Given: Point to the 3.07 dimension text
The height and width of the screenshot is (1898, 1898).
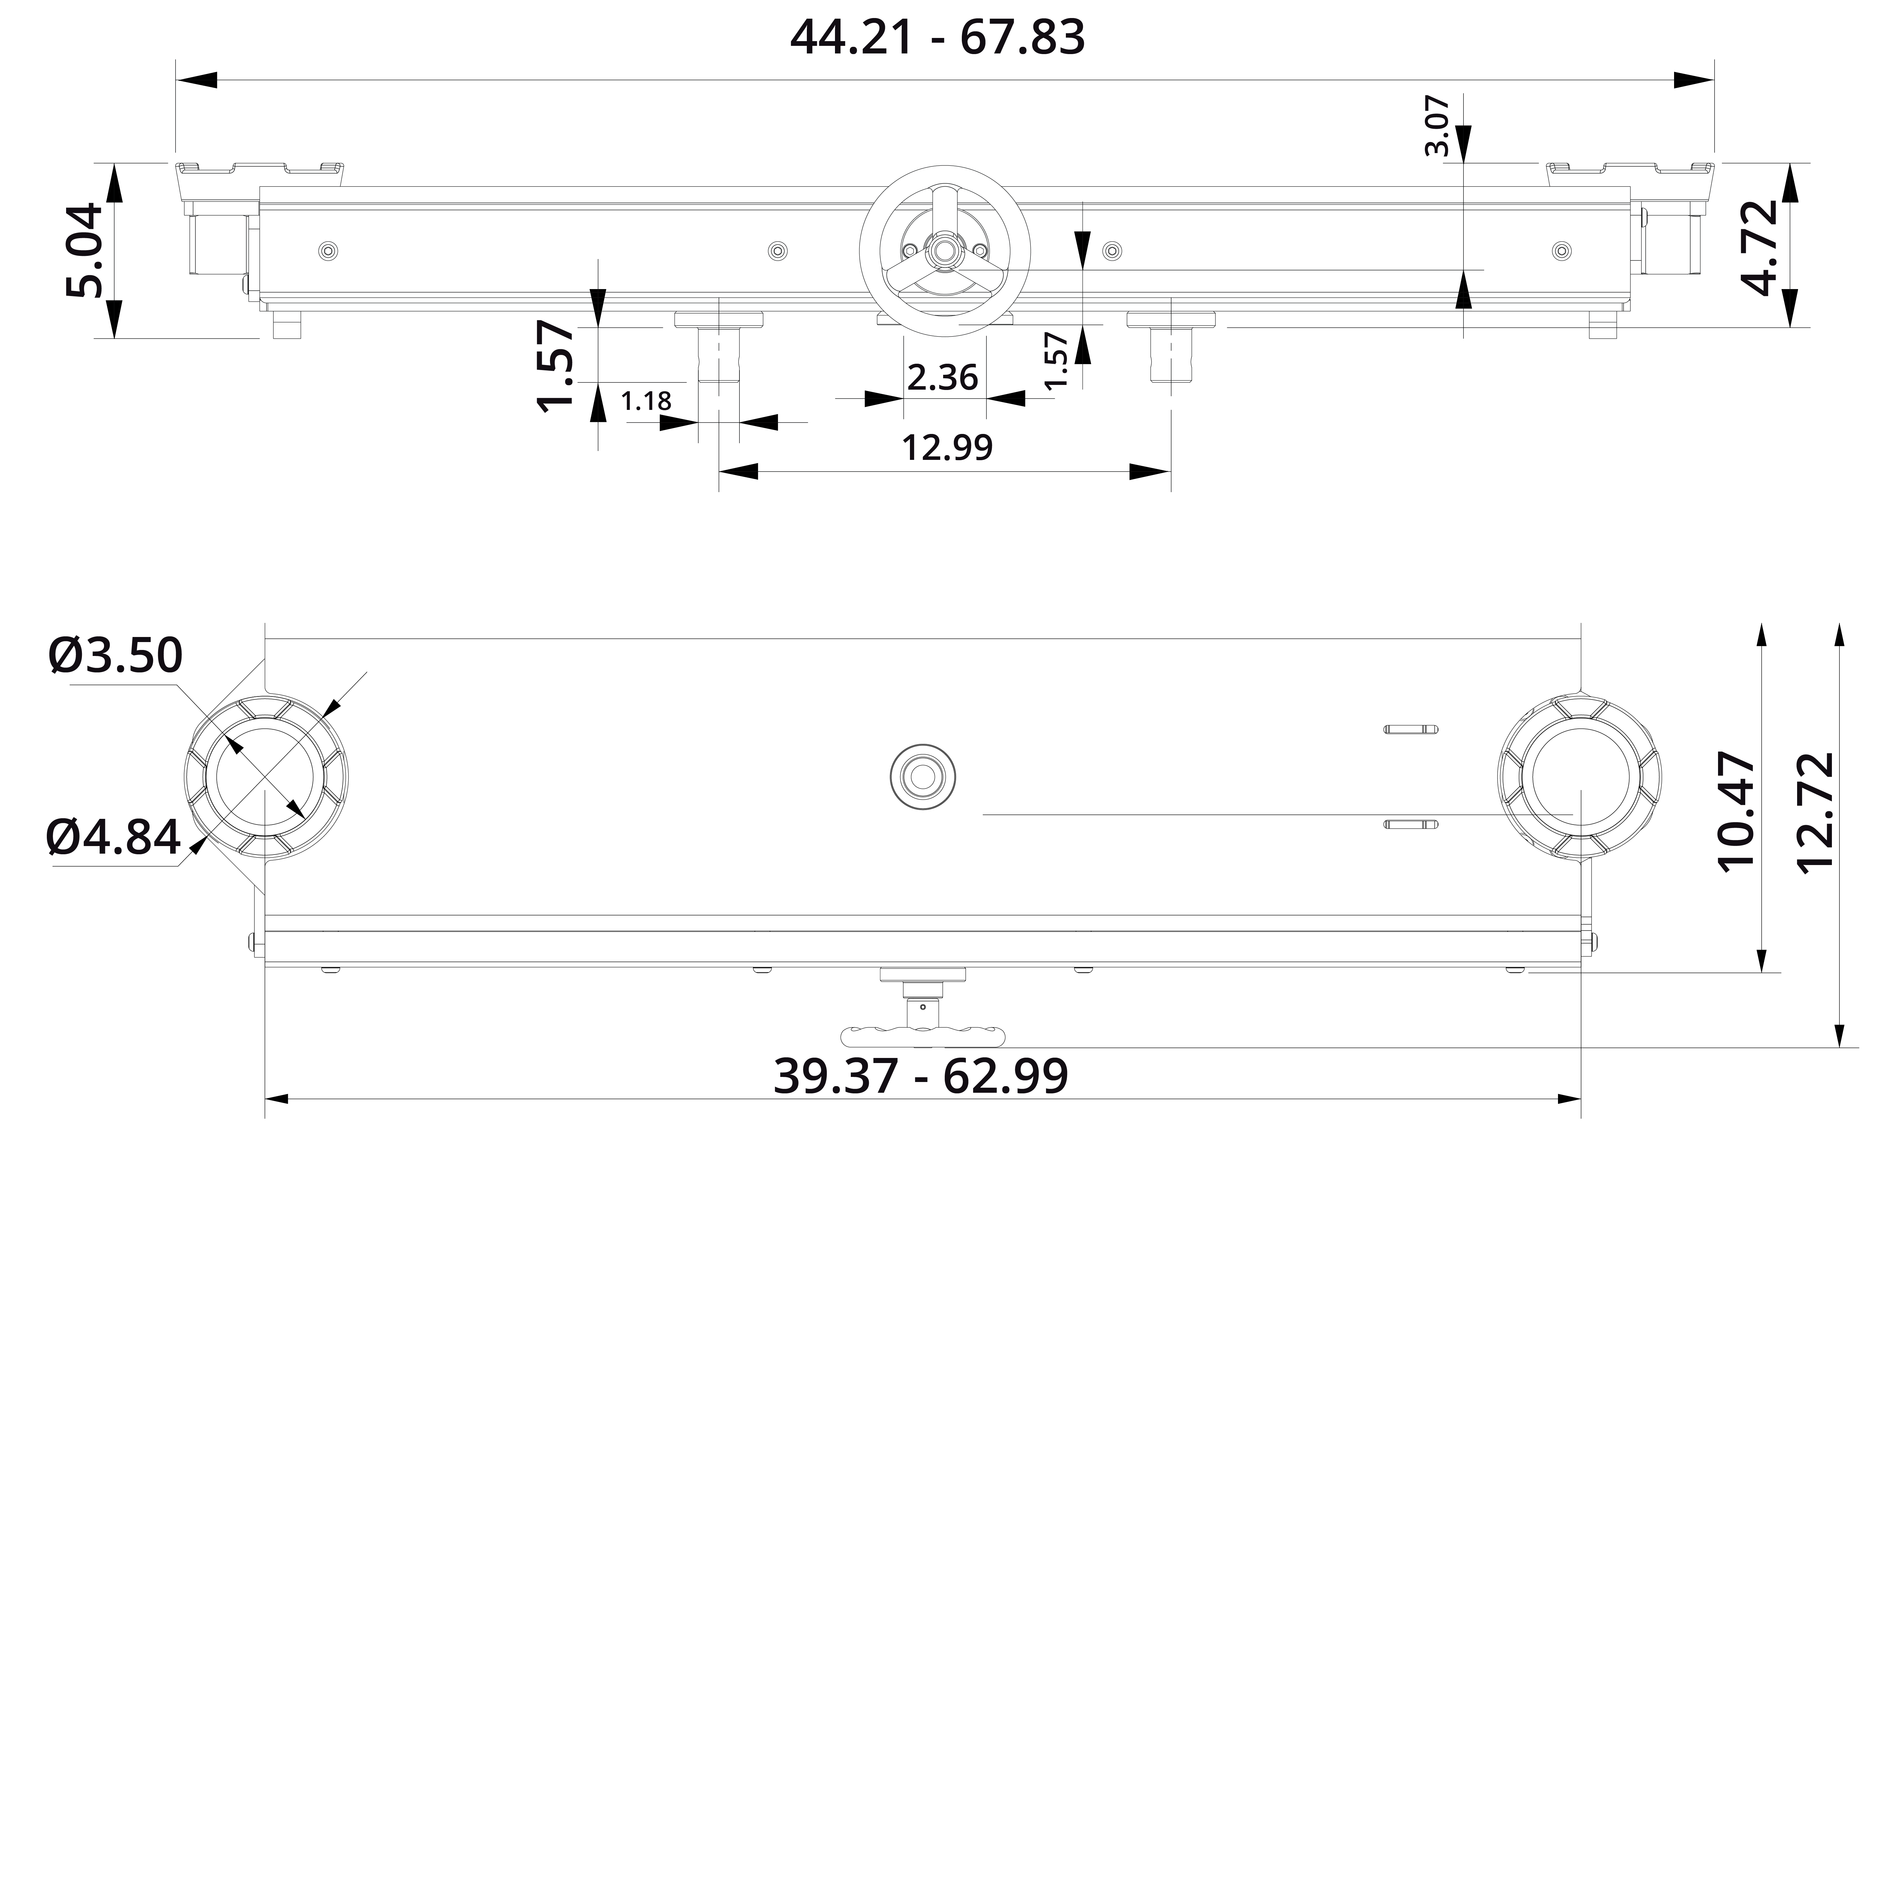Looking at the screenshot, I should point(1436,126).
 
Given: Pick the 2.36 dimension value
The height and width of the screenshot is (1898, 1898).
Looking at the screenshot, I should point(942,377).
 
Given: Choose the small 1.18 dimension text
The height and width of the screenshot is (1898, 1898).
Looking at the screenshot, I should point(646,401).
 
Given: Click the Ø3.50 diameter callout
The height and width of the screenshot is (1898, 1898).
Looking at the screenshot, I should point(116,655).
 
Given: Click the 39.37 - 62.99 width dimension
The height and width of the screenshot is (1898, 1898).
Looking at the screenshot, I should point(920,1076).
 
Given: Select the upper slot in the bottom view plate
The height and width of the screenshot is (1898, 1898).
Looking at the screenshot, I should point(1411,729).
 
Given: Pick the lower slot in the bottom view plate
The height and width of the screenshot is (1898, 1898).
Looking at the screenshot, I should point(1411,823).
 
